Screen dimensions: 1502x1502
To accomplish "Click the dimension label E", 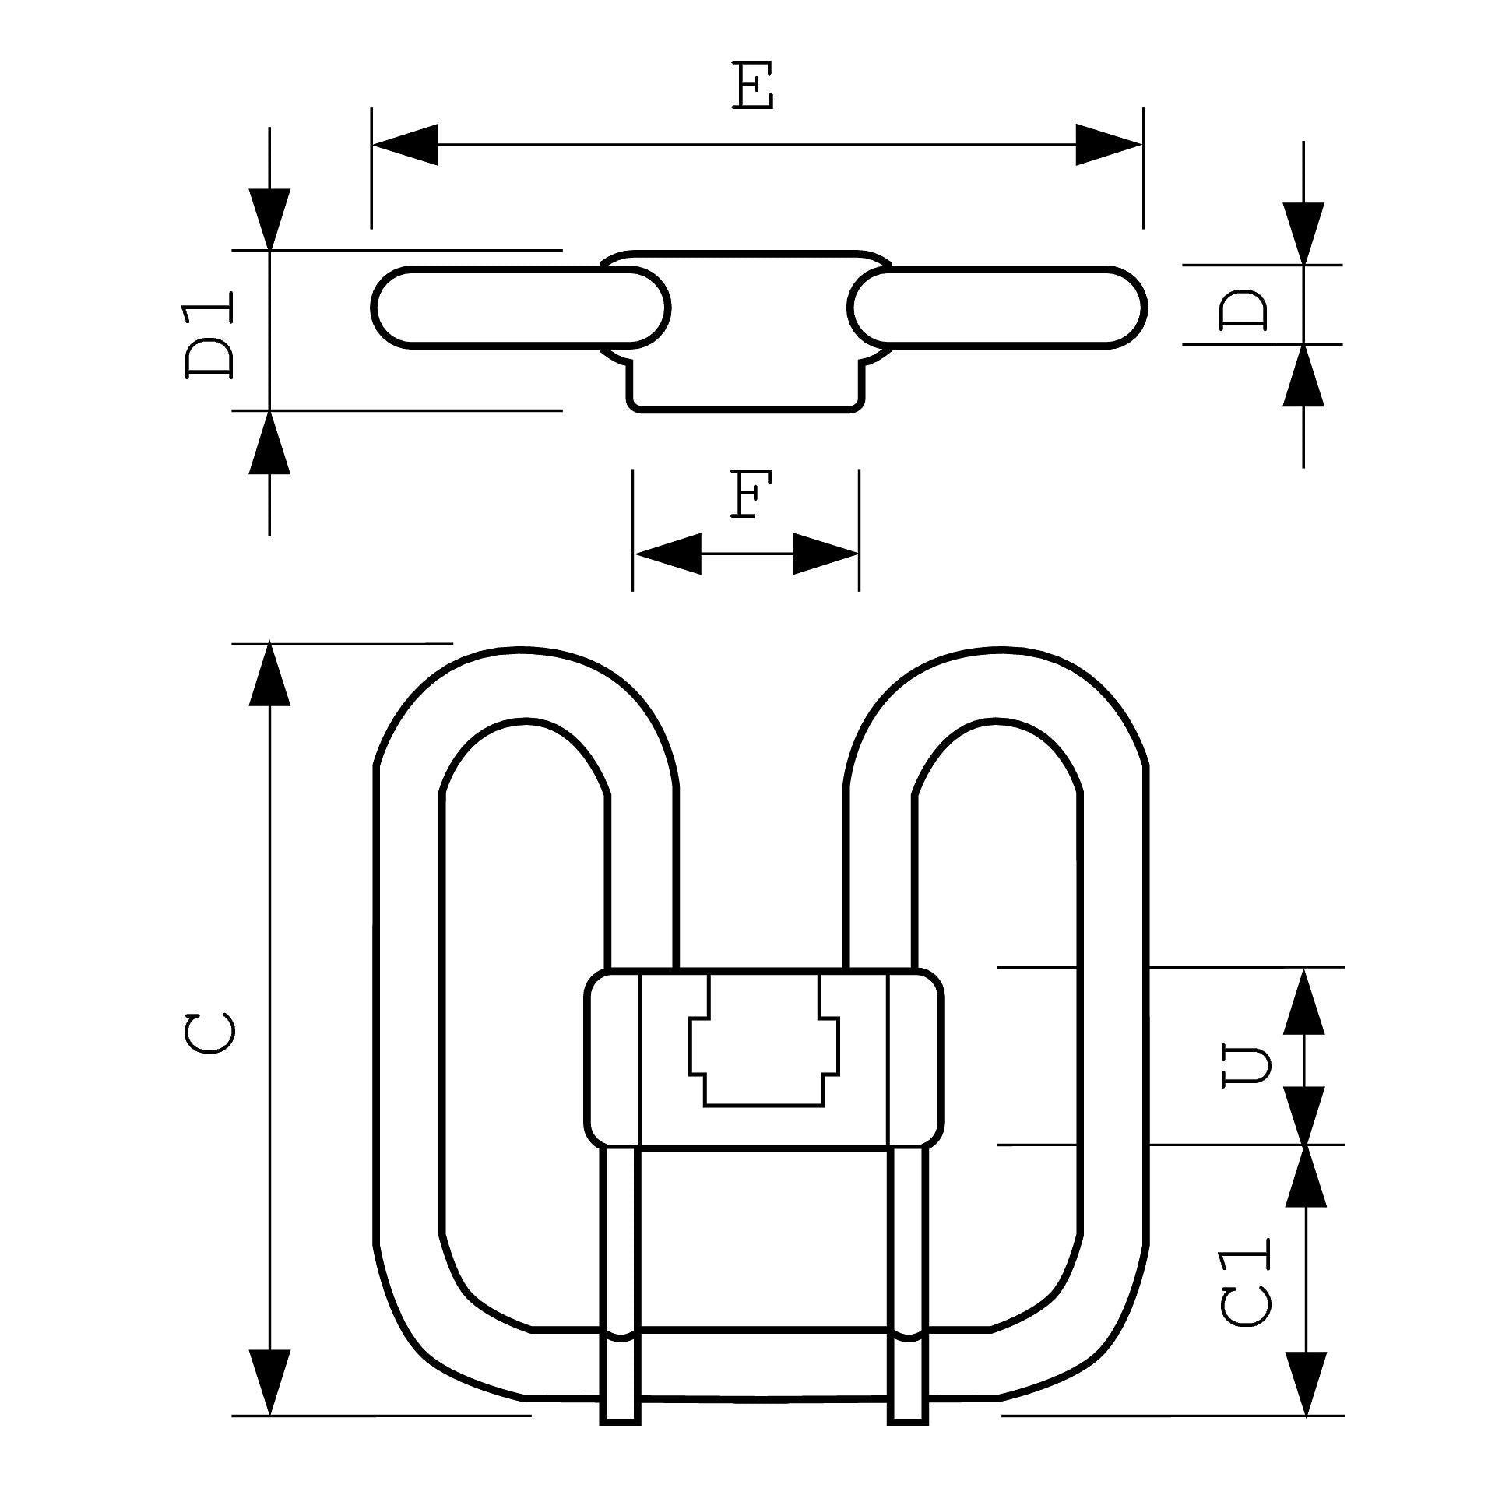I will [753, 86].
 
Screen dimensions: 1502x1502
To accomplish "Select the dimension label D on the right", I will [1243, 309].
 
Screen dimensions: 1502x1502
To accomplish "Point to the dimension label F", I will [751, 494].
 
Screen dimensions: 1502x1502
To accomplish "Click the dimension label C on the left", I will [210, 1032].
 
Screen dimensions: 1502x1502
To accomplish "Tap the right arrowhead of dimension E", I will [1109, 145].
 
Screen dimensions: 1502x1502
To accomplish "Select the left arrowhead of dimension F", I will [668, 554].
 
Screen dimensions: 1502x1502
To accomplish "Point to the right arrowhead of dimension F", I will [825, 554].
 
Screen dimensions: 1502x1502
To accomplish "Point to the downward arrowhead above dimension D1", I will [269, 220].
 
